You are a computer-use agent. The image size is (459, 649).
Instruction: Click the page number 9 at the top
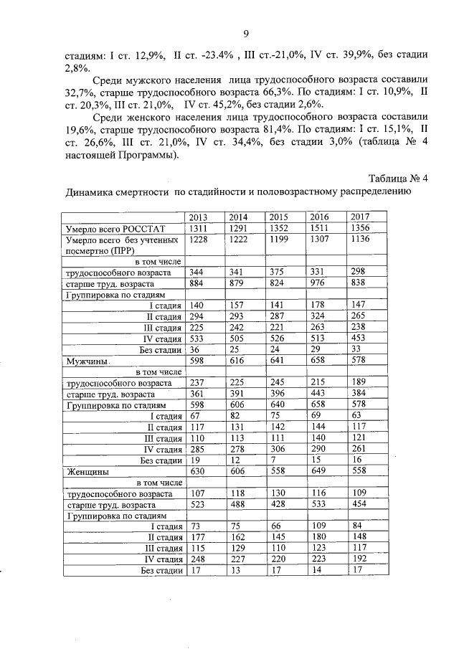246,34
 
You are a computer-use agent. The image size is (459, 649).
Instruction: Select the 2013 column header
199,217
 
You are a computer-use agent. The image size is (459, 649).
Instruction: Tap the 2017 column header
360,217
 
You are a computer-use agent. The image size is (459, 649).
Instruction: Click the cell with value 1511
320,228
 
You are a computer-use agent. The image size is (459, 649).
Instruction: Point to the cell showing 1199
279,240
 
